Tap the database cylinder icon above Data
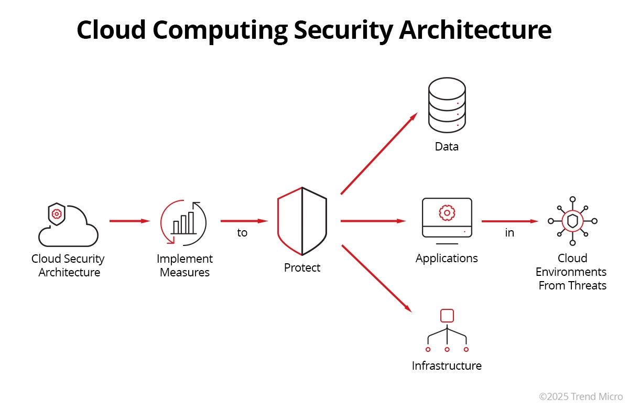[x=447, y=105]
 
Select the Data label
[x=447, y=147]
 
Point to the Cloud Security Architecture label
[x=68, y=265]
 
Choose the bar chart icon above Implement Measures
[x=183, y=222]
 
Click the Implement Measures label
[x=185, y=265]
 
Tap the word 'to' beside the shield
[x=242, y=233]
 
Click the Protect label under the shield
[x=302, y=268]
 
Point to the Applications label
[x=447, y=259]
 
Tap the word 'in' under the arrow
[x=509, y=233]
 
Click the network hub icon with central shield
[x=572, y=221]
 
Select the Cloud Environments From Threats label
[x=572, y=272]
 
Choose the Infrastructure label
[x=447, y=366]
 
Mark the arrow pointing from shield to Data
[x=378, y=153]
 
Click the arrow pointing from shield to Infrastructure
[x=375, y=278]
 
